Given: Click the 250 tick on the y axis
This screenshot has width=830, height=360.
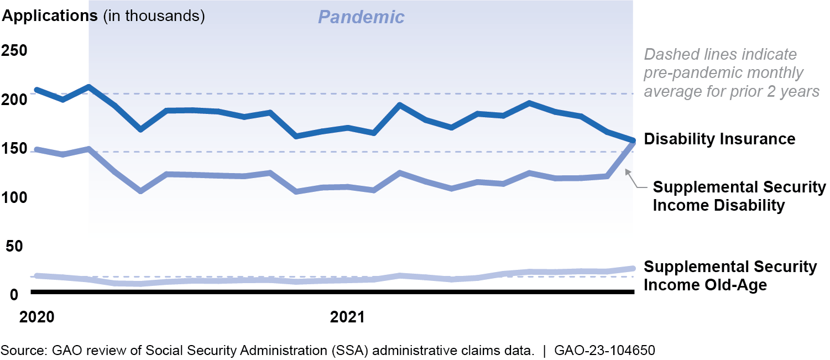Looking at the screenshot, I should (x=15, y=51).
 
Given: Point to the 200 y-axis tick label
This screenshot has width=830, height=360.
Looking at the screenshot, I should (x=15, y=100).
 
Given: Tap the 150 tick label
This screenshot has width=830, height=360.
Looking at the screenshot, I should (x=15, y=149).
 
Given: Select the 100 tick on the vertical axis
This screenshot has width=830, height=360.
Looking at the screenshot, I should (x=15, y=197).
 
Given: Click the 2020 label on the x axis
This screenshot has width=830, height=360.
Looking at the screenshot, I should (x=36, y=318).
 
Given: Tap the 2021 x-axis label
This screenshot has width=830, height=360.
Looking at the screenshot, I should (x=347, y=318).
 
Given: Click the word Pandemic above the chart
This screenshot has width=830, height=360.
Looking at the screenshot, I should (x=361, y=17).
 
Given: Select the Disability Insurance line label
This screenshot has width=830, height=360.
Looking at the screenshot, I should (x=719, y=139).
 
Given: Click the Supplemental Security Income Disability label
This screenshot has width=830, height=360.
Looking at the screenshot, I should (x=739, y=196).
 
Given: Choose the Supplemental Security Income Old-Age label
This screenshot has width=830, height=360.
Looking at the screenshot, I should (x=730, y=276).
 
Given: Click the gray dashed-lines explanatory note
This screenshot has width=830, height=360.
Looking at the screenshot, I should (x=731, y=72).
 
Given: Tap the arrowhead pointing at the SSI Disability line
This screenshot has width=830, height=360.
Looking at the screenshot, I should (x=627, y=172).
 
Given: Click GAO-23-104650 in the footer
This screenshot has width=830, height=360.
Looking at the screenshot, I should (x=605, y=350).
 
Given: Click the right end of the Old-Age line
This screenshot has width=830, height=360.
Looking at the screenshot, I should (x=633, y=269).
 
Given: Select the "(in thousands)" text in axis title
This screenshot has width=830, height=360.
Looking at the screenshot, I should (x=154, y=15).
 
